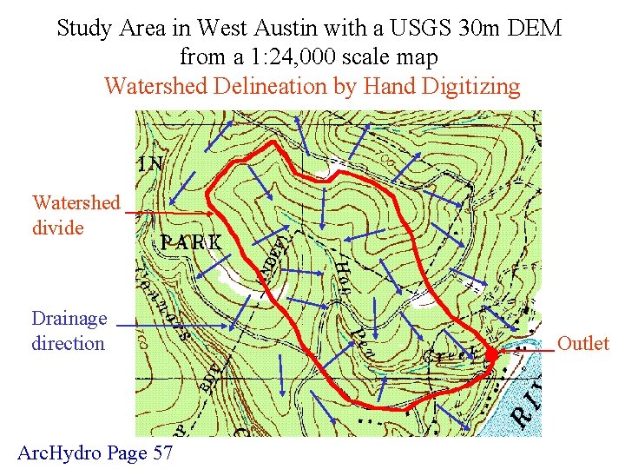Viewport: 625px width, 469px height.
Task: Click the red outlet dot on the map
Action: [x=491, y=354]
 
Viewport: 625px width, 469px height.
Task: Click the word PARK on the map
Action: [x=191, y=242]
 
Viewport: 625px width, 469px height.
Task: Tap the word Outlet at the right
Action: [x=583, y=343]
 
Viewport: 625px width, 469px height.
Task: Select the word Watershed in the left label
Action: [x=76, y=202]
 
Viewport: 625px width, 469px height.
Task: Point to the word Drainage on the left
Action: [x=69, y=318]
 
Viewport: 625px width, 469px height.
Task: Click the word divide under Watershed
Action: [x=57, y=228]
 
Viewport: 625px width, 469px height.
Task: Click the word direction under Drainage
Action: [x=68, y=343]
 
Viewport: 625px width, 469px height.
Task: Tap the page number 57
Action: [x=162, y=452]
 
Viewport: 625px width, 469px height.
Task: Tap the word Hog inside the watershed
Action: [x=343, y=276]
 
